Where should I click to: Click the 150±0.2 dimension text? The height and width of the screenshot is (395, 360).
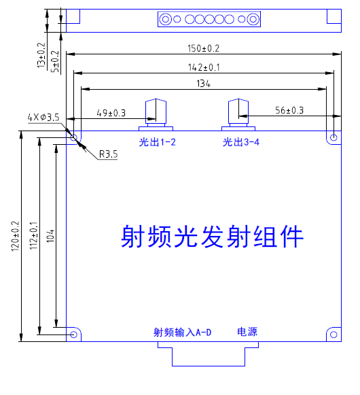pos(203,48)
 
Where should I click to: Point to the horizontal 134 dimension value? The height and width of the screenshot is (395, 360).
pos(203,84)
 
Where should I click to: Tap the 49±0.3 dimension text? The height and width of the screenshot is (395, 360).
pos(111,112)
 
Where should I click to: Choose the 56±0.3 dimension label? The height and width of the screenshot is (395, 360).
pos(289,110)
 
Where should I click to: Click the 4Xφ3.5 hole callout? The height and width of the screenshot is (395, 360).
pos(43,118)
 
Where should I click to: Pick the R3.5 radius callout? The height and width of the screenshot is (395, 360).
pos(108,154)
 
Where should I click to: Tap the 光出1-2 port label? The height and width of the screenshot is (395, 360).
pos(157,142)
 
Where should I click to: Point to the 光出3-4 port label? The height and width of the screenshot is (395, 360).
pos(240,142)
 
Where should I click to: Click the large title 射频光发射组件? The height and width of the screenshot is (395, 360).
pos(211,237)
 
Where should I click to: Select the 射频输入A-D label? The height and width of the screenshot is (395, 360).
pos(183,332)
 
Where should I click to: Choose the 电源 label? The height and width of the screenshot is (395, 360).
pos(247,332)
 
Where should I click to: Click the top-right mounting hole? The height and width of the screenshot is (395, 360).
pos(333,137)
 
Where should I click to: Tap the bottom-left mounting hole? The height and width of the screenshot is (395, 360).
pos(74,334)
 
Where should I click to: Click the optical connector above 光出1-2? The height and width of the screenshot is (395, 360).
pos(156,112)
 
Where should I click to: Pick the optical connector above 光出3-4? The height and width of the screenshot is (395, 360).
pos(239,112)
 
